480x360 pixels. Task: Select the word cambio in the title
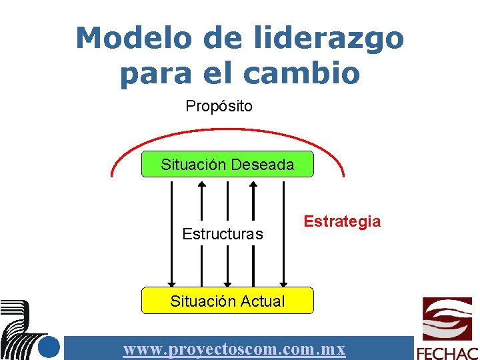coord(302,73)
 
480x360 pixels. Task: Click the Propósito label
coord(219,106)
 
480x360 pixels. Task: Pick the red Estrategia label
coord(342,221)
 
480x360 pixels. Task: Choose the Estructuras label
coord(223,234)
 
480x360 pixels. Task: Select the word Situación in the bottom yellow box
coord(199,301)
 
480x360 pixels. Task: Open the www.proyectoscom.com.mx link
coord(234,349)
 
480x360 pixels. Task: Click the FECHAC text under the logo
coord(447,353)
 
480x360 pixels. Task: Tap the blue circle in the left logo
coord(49,347)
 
